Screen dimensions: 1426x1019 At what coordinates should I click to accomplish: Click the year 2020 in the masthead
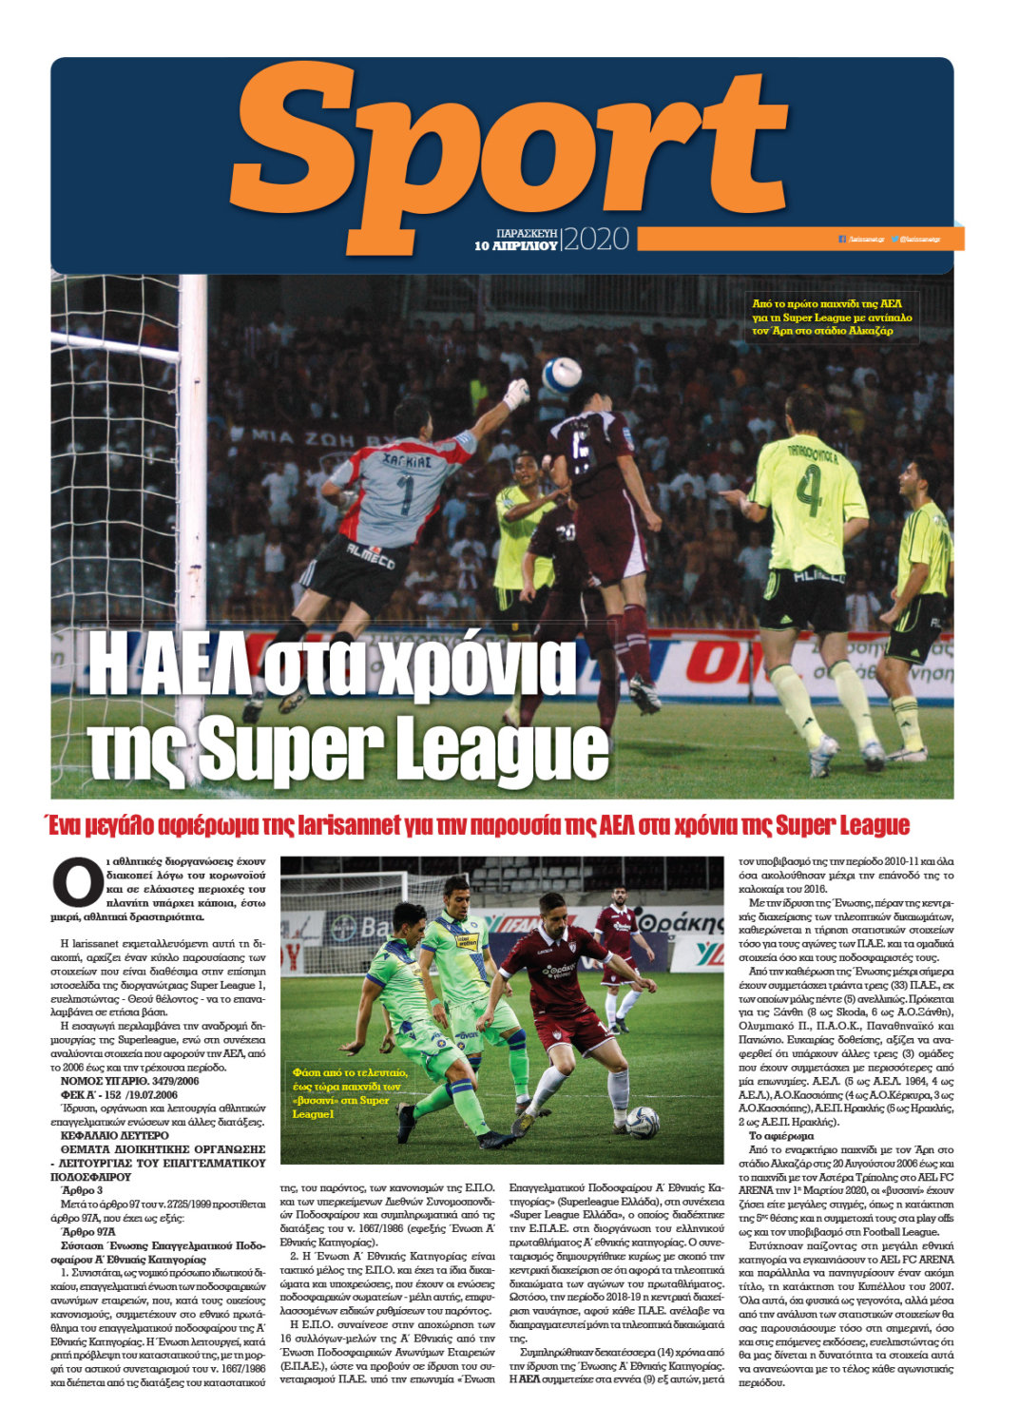(596, 239)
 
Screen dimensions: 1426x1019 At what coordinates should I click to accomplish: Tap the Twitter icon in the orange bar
(894, 239)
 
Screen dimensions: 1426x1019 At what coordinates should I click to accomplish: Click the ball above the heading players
(562, 374)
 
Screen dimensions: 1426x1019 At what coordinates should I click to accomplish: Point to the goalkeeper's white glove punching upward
(516, 393)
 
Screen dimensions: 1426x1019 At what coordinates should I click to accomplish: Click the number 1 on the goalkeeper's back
(405, 495)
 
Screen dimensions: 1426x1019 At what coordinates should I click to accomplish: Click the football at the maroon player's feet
(643, 1121)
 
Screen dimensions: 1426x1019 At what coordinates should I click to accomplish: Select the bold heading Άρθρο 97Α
(88, 1232)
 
